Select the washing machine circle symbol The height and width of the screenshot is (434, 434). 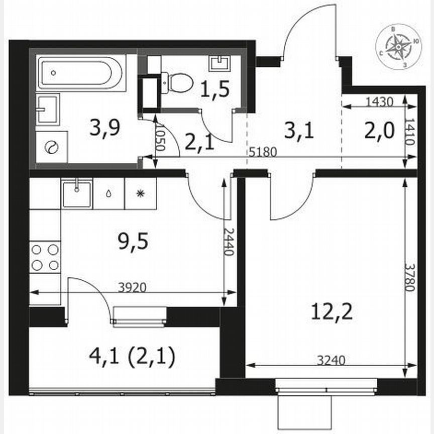click(52, 147)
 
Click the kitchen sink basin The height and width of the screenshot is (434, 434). click(77, 194)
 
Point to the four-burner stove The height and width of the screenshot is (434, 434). click(45, 256)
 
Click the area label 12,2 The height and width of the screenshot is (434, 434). click(331, 313)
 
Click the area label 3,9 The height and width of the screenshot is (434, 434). click(104, 130)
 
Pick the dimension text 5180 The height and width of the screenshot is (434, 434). click(263, 152)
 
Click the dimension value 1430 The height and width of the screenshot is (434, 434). click(379, 101)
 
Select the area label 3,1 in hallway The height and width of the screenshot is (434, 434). click(299, 132)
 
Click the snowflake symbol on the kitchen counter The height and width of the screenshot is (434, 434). click(141, 193)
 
